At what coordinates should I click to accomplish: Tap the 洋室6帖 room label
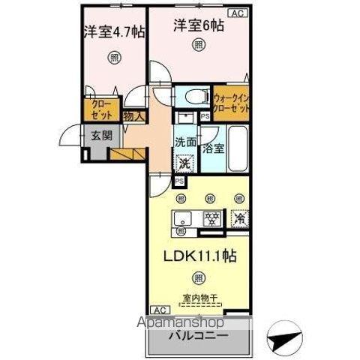tap(199, 25)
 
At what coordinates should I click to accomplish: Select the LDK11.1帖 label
tap(200, 256)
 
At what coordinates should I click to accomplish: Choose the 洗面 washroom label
tap(185, 141)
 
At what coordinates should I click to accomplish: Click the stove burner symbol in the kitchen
tap(212, 219)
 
